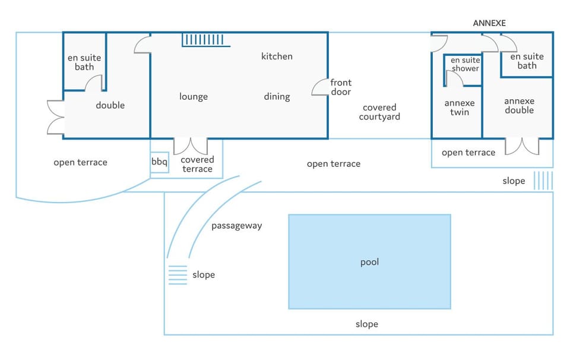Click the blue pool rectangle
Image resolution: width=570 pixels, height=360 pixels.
click(x=369, y=262)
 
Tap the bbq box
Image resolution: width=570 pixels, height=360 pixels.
click(x=159, y=162)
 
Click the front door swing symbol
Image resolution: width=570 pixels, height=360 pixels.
click(x=320, y=87)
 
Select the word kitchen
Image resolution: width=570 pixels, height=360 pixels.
click(x=277, y=56)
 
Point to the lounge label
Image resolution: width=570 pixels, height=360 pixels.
click(x=194, y=97)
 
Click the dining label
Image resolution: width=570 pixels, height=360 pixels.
click(x=277, y=97)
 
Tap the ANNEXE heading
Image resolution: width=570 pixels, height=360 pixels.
click(x=489, y=23)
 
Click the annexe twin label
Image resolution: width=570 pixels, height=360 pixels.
click(x=460, y=108)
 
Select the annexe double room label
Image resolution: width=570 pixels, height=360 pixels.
click(x=519, y=106)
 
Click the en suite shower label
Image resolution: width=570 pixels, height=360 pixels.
click(x=465, y=64)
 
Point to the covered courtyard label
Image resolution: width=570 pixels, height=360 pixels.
click(x=379, y=112)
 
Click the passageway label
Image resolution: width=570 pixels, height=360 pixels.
click(x=237, y=226)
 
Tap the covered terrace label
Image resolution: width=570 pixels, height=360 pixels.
click(x=197, y=165)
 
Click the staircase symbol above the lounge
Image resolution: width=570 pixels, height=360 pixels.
click(x=206, y=40)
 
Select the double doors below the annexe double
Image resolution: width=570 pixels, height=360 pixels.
click(x=522, y=147)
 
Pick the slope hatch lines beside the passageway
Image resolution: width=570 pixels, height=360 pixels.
click(x=178, y=275)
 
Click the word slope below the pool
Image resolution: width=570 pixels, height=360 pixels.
click(x=367, y=324)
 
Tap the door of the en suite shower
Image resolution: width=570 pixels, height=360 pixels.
click(x=454, y=78)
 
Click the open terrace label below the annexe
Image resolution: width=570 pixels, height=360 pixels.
click(x=468, y=153)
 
